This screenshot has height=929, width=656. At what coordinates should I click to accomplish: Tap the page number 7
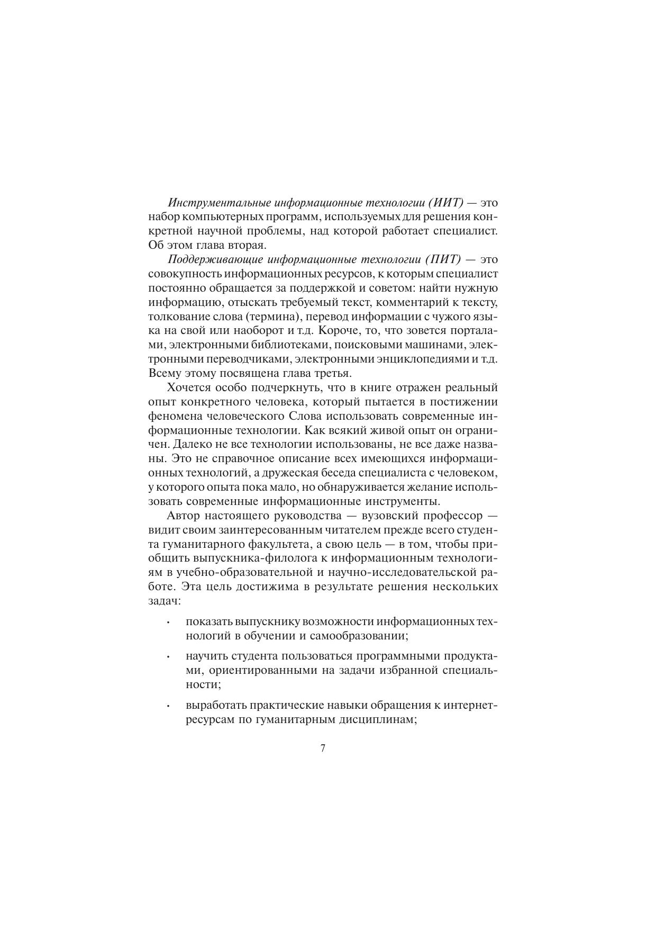pyautogui.click(x=323, y=748)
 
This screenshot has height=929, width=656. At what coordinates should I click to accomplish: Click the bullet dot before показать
pyautogui.click(x=168, y=623)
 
